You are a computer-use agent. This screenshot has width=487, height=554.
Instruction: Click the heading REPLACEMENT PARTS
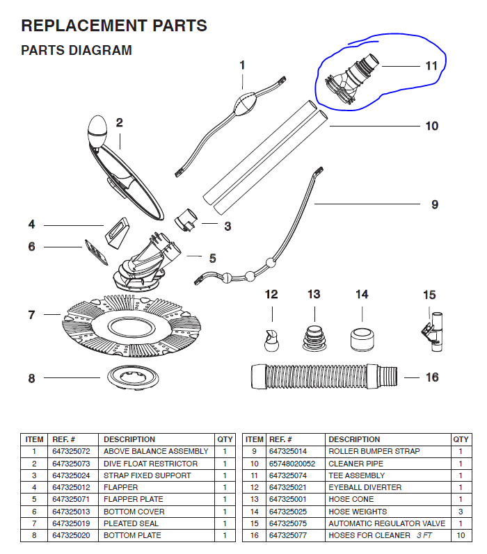coord(114,26)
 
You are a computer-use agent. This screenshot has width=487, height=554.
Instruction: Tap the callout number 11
coord(431,66)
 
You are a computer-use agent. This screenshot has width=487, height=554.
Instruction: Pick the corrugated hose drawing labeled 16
coord(324,376)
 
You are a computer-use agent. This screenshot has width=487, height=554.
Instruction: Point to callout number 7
coord(31,315)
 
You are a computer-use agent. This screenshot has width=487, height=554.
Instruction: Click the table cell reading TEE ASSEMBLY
coord(356,475)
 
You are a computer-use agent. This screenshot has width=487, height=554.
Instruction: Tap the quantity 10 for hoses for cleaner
coord(461,535)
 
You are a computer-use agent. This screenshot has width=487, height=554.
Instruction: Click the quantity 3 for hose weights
coord(461,511)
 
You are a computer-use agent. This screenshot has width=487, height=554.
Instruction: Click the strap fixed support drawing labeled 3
coord(184,220)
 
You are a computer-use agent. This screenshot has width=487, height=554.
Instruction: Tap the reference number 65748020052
coord(292,464)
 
